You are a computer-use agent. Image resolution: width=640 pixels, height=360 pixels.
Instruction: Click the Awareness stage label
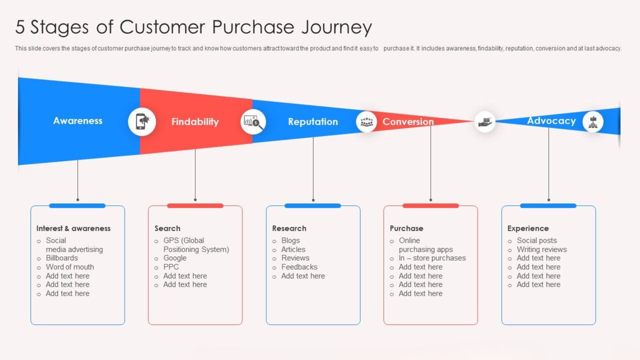(78, 121)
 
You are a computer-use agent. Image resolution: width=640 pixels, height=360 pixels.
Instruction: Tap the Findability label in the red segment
(195, 122)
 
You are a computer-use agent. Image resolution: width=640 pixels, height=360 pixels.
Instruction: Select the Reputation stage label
(313, 122)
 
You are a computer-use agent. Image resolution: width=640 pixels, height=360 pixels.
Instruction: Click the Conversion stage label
(408, 122)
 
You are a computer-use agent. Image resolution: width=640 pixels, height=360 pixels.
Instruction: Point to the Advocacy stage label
(551, 121)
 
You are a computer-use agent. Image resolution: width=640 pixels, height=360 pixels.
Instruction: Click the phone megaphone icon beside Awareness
(142, 121)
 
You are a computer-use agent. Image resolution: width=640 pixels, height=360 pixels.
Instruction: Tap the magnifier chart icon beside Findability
(253, 122)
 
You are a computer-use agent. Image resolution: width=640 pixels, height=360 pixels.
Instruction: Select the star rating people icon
(366, 122)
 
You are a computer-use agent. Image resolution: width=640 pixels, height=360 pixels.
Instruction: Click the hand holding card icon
(485, 122)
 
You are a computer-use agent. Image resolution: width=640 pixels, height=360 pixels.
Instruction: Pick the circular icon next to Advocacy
(593, 122)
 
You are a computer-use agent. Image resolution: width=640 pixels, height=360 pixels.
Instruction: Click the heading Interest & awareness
(73, 228)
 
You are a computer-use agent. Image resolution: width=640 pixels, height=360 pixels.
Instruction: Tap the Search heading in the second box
(167, 228)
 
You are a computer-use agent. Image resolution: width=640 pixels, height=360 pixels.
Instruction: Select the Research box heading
(289, 228)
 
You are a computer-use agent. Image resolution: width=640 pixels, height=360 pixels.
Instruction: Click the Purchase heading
(406, 228)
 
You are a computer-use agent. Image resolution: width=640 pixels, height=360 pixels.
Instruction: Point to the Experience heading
(528, 228)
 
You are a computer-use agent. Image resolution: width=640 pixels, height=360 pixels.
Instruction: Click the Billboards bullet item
(62, 258)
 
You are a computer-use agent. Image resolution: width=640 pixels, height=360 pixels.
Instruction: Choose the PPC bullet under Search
(171, 267)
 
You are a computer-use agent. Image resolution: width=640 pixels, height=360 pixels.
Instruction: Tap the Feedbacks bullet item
(299, 267)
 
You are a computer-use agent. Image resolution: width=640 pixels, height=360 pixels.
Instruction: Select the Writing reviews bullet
(541, 249)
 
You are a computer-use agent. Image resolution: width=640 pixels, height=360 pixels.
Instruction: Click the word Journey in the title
(336, 27)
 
